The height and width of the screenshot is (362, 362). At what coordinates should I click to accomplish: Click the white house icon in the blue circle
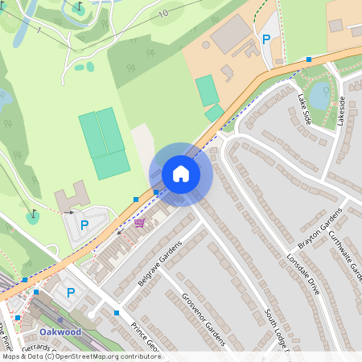[x=180, y=174]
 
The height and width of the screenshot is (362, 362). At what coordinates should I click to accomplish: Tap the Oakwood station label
[x=60, y=331]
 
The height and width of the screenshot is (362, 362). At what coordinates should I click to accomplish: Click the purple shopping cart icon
[x=140, y=223]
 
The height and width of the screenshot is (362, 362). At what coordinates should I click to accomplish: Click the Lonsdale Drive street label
[x=302, y=274]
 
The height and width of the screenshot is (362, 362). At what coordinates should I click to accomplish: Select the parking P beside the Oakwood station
[x=70, y=294]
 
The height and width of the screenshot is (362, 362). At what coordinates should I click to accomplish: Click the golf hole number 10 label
[x=163, y=14]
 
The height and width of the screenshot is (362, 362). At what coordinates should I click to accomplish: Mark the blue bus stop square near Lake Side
[x=309, y=60]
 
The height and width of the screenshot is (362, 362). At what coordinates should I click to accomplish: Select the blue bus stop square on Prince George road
[x=117, y=312]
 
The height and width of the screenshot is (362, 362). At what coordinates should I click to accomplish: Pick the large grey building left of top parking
[x=232, y=32]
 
